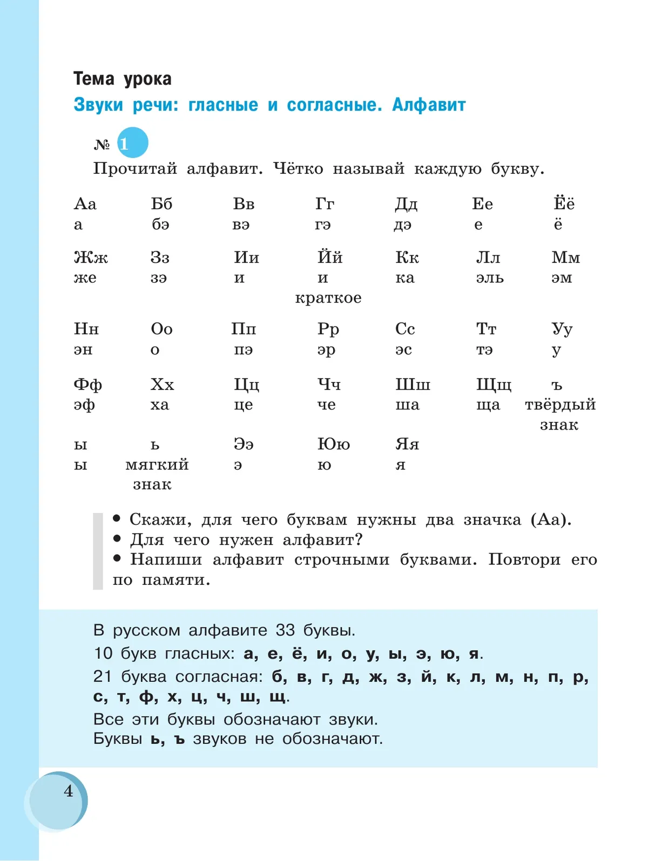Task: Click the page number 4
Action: point(68,791)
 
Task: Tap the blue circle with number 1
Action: point(132,143)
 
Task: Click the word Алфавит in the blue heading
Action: point(429,105)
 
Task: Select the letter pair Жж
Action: point(91,258)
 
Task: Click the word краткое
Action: point(328,298)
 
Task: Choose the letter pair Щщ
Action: point(494,385)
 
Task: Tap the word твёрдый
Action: point(560,405)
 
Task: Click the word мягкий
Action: point(157,464)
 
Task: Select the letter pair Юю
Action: point(333,444)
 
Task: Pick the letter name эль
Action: point(490,278)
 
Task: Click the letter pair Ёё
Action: point(564,203)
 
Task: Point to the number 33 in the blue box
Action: point(285,630)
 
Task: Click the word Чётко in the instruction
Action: point(298,169)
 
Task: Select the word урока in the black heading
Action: point(147,79)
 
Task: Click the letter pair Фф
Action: point(87,385)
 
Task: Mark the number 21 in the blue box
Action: point(103,676)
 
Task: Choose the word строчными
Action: point(341,560)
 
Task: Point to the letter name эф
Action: point(84,405)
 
